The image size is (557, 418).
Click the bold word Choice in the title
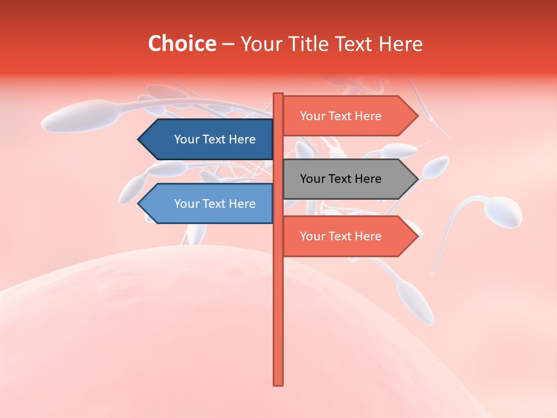point(182,44)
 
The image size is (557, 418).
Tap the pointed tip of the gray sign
point(417,179)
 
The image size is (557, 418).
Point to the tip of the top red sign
point(417,116)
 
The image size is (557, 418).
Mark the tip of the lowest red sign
point(417,236)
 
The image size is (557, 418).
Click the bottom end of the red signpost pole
point(278,383)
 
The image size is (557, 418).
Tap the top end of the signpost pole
point(278,95)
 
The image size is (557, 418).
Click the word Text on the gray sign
point(341,179)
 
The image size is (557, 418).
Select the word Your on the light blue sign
point(186,204)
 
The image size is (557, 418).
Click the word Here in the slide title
point(400,44)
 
